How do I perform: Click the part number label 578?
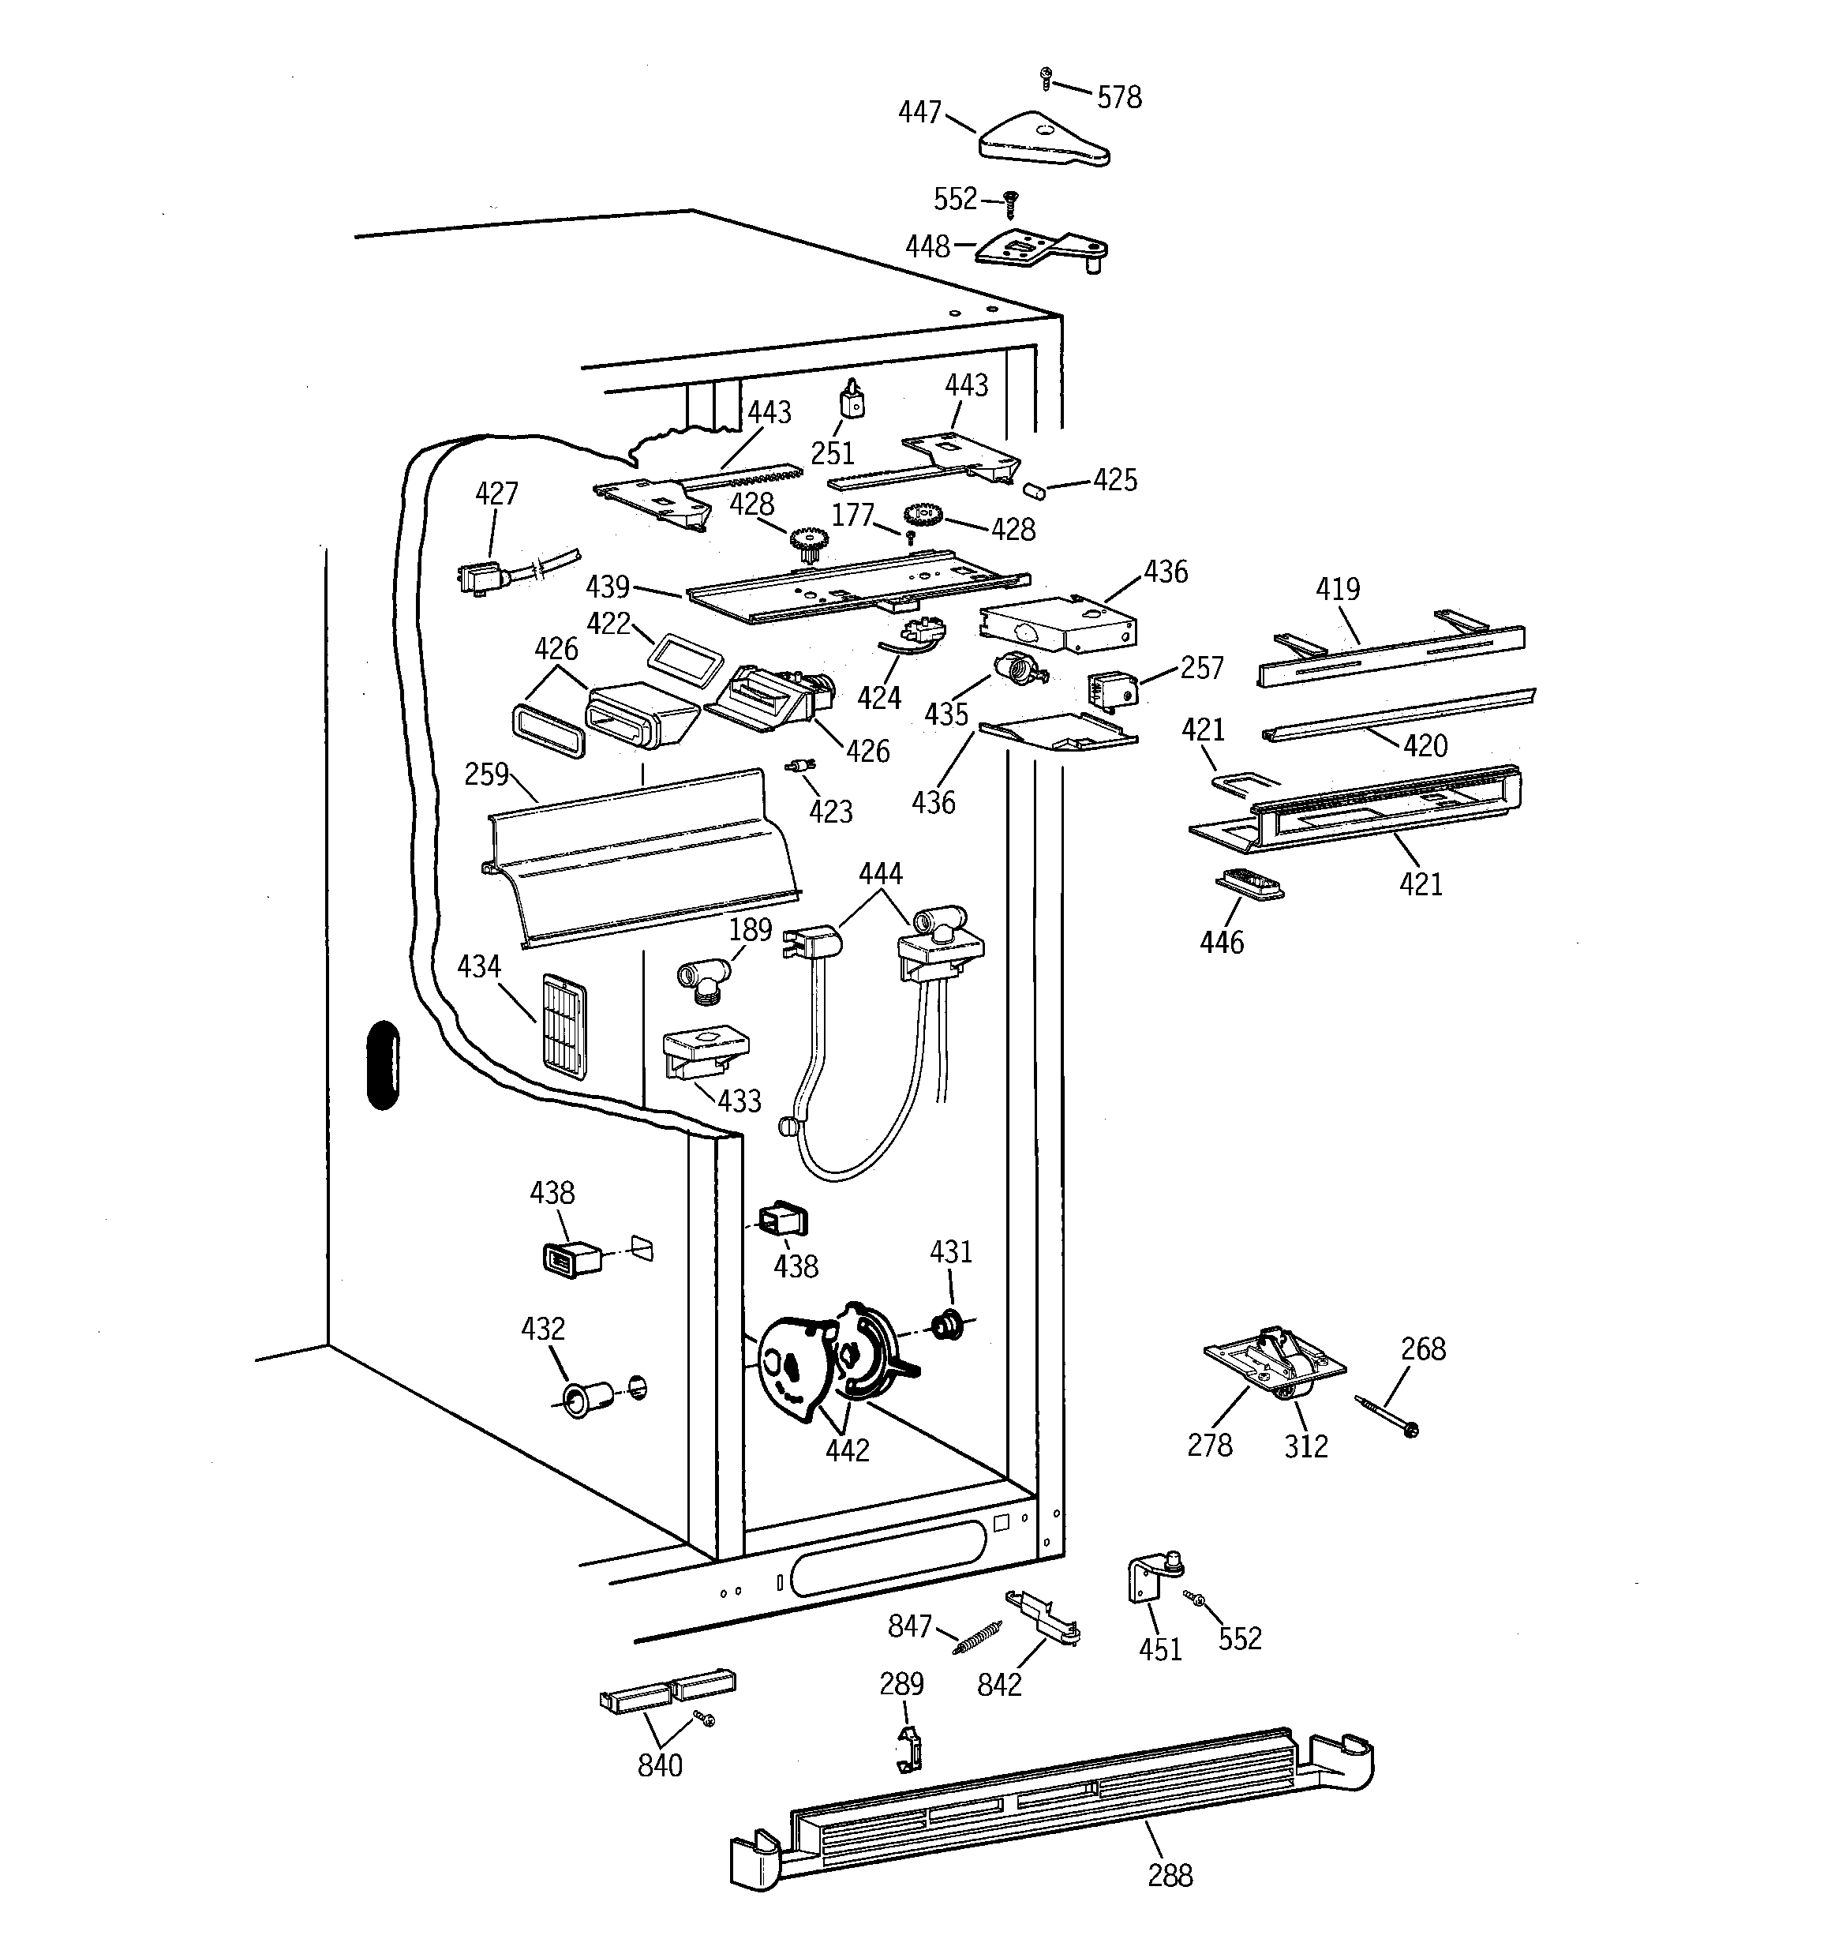point(1118,97)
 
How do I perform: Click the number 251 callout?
point(833,453)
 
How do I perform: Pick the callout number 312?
point(1305,1446)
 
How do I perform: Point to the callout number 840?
point(660,1766)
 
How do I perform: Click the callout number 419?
point(1338,590)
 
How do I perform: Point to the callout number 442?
point(847,1450)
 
